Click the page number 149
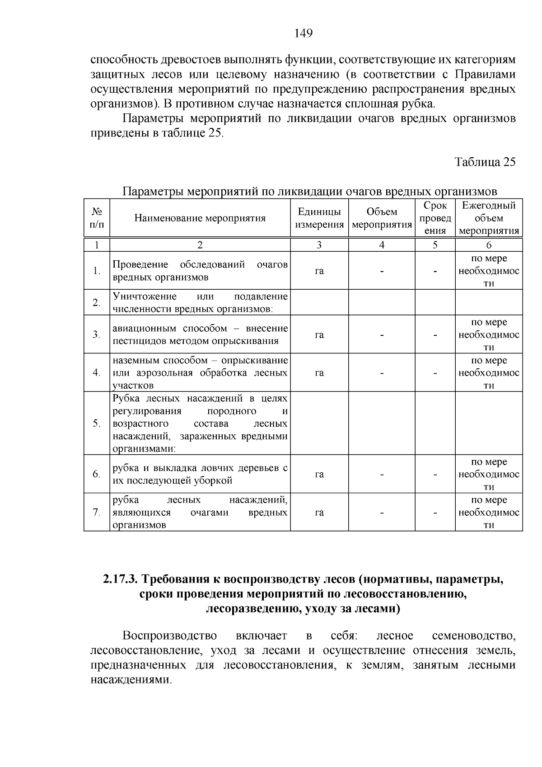tap(303, 33)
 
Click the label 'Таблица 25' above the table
tap(485, 162)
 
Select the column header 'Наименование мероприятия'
tap(200, 218)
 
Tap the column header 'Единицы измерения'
tap(319, 218)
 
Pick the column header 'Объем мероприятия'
tap(382, 218)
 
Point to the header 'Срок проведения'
tap(435, 218)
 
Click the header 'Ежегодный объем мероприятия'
tap(489, 218)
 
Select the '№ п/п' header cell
tap(96, 218)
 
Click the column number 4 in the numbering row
tap(382, 245)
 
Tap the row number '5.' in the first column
tap(96, 423)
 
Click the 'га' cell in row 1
tap(319, 271)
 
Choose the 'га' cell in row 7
tap(319, 513)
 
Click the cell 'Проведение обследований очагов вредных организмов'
tap(200, 271)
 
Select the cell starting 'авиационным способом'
tap(200, 334)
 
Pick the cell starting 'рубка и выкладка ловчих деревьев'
tap(200, 474)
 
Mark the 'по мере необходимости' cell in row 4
tap(489, 373)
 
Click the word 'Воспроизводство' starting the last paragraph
tap(169, 636)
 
